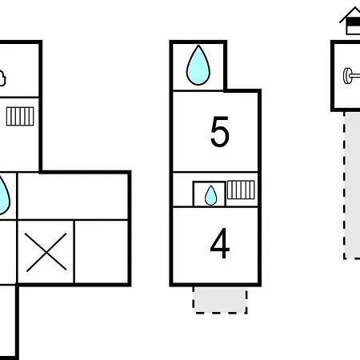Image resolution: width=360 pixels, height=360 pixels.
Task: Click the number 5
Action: point(220,132)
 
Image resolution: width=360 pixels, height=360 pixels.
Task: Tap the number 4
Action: point(220,243)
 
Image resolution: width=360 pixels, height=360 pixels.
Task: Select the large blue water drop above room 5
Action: point(198,66)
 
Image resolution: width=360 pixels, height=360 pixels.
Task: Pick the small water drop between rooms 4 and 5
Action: point(210,195)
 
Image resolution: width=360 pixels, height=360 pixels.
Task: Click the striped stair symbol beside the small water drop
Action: point(241,190)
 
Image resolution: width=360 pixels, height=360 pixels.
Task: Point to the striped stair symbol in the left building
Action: point(20,116)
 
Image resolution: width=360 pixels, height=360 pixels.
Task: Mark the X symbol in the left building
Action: point(46,252)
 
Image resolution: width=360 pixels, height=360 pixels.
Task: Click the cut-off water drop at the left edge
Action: point(4,195)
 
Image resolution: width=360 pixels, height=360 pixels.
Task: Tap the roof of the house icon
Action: point(350,14)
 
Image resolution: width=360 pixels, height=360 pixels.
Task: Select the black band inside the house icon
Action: point(354,22)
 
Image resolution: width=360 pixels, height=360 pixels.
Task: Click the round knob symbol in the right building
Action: point(351,76)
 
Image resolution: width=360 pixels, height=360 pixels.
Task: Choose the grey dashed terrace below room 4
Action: point(220,300)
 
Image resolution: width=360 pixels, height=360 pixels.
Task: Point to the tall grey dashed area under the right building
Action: point(352,186)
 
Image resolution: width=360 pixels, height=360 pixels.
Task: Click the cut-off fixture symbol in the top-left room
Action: point(2,78)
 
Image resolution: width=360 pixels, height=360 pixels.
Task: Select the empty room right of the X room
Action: point(102,252)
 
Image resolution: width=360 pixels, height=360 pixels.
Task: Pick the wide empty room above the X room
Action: point(73,197)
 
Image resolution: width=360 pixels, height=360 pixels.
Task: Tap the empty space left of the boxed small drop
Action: point(182,190)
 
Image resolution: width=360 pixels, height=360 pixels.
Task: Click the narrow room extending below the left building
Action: point(7,322)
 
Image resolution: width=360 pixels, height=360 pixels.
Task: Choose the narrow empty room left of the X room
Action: point(7,252)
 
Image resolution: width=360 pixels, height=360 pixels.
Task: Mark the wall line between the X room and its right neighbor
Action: point(74,252)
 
